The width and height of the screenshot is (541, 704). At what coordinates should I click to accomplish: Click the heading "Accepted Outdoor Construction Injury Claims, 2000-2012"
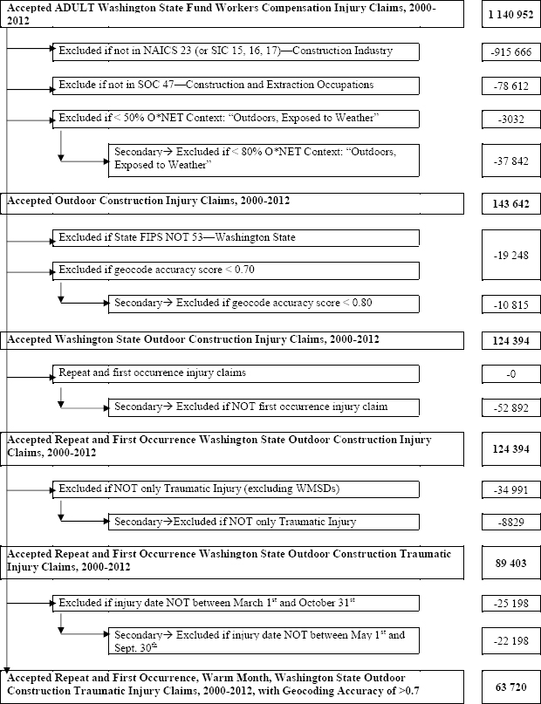(x=149, y=201)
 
